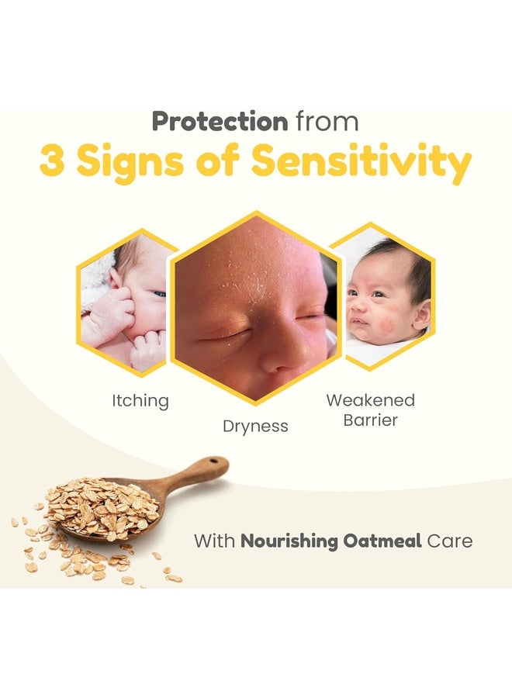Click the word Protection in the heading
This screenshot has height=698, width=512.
[220, 122]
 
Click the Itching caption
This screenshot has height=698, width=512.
[139, 401]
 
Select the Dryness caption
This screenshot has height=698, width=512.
[255, 426]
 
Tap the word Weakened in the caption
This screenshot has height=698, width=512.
[370, 400]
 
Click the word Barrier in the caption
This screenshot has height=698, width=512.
[370, 420]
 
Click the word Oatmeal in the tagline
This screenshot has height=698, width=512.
[378, 540]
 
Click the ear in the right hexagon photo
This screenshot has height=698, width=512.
[422, 314]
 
